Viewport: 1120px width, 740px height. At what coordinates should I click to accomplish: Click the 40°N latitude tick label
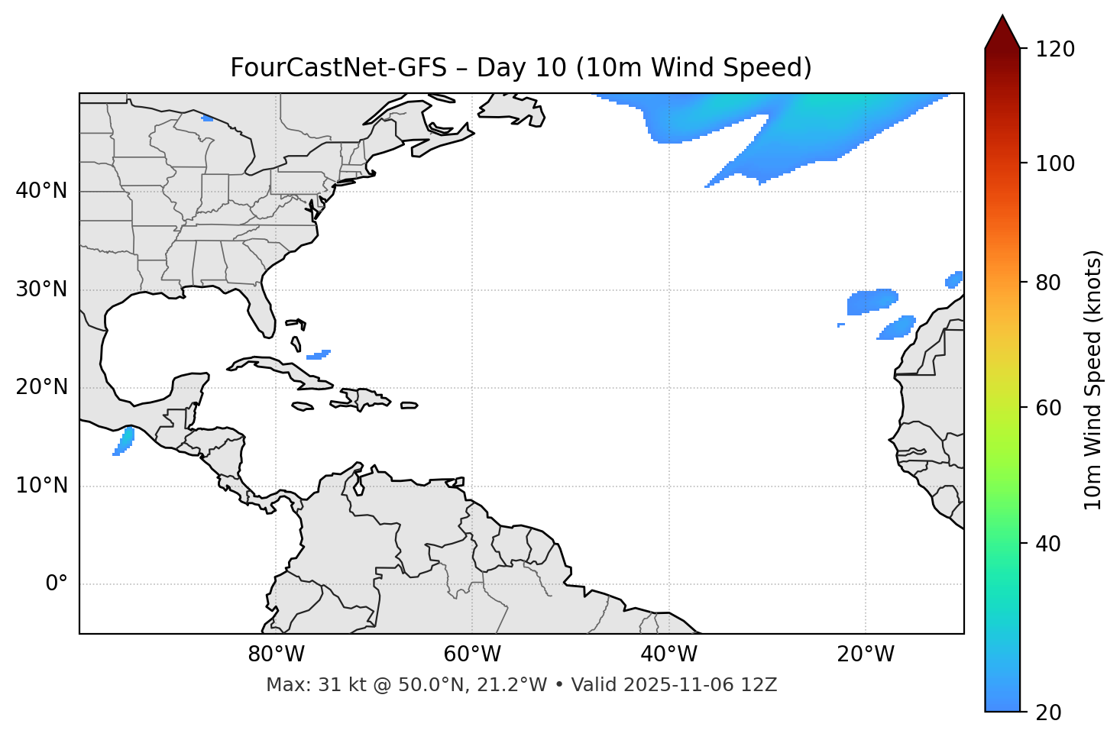pyautogui.click(x=41, y=191)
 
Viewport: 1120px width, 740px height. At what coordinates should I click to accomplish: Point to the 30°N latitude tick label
pyautogui.click(x=41, y=289)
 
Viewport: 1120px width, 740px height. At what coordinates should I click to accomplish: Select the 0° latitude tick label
pyautogui.click(x=57, y=584)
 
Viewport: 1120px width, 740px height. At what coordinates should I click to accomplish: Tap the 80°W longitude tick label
pyautogui.click(x=276, y=654)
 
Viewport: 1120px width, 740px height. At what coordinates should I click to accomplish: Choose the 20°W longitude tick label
pyautogui.click(x=866, y=654)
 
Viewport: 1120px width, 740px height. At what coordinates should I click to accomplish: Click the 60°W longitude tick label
pyautogui.click(x=472, y=654)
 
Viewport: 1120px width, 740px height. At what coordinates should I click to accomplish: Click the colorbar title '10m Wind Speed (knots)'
pyautogui.click(x=1093, y=380)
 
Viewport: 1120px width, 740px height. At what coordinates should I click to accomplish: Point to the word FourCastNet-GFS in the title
pyautogui.click(x=338, y=68)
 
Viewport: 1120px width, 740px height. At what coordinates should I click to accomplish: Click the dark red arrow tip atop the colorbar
pyautogui.click(x=1002, y=31)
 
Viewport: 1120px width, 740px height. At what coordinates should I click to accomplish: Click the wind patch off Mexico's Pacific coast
pyautogui.click(x=124, y=441)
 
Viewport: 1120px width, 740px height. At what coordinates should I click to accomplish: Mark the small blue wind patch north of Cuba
pyautogui.click(x=319, y=354)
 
